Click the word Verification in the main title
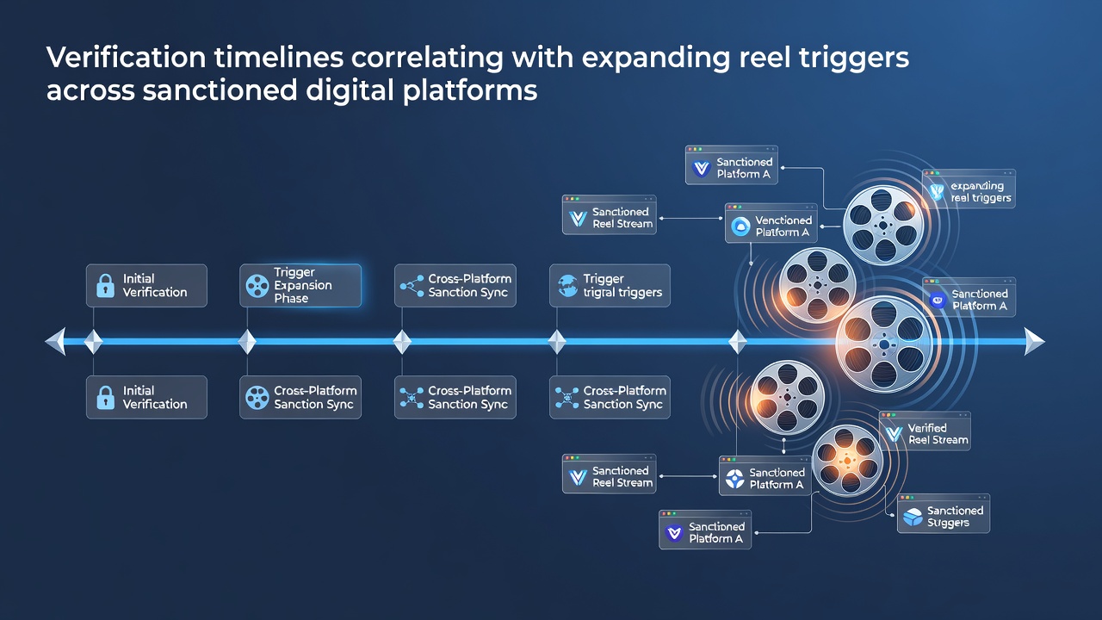127,57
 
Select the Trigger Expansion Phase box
300,285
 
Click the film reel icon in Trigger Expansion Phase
257,286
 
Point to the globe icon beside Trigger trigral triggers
567,285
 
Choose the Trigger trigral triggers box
610,285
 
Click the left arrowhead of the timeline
55,341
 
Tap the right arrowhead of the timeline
1034,341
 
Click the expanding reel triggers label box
969,189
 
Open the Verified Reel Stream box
925,431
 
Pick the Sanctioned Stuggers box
943,514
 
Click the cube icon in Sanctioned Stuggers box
913,517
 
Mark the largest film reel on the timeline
884,344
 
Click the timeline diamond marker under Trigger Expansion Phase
247,341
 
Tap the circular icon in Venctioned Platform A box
740,226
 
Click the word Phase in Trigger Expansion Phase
291,298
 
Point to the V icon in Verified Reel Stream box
894,434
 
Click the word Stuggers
948,523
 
